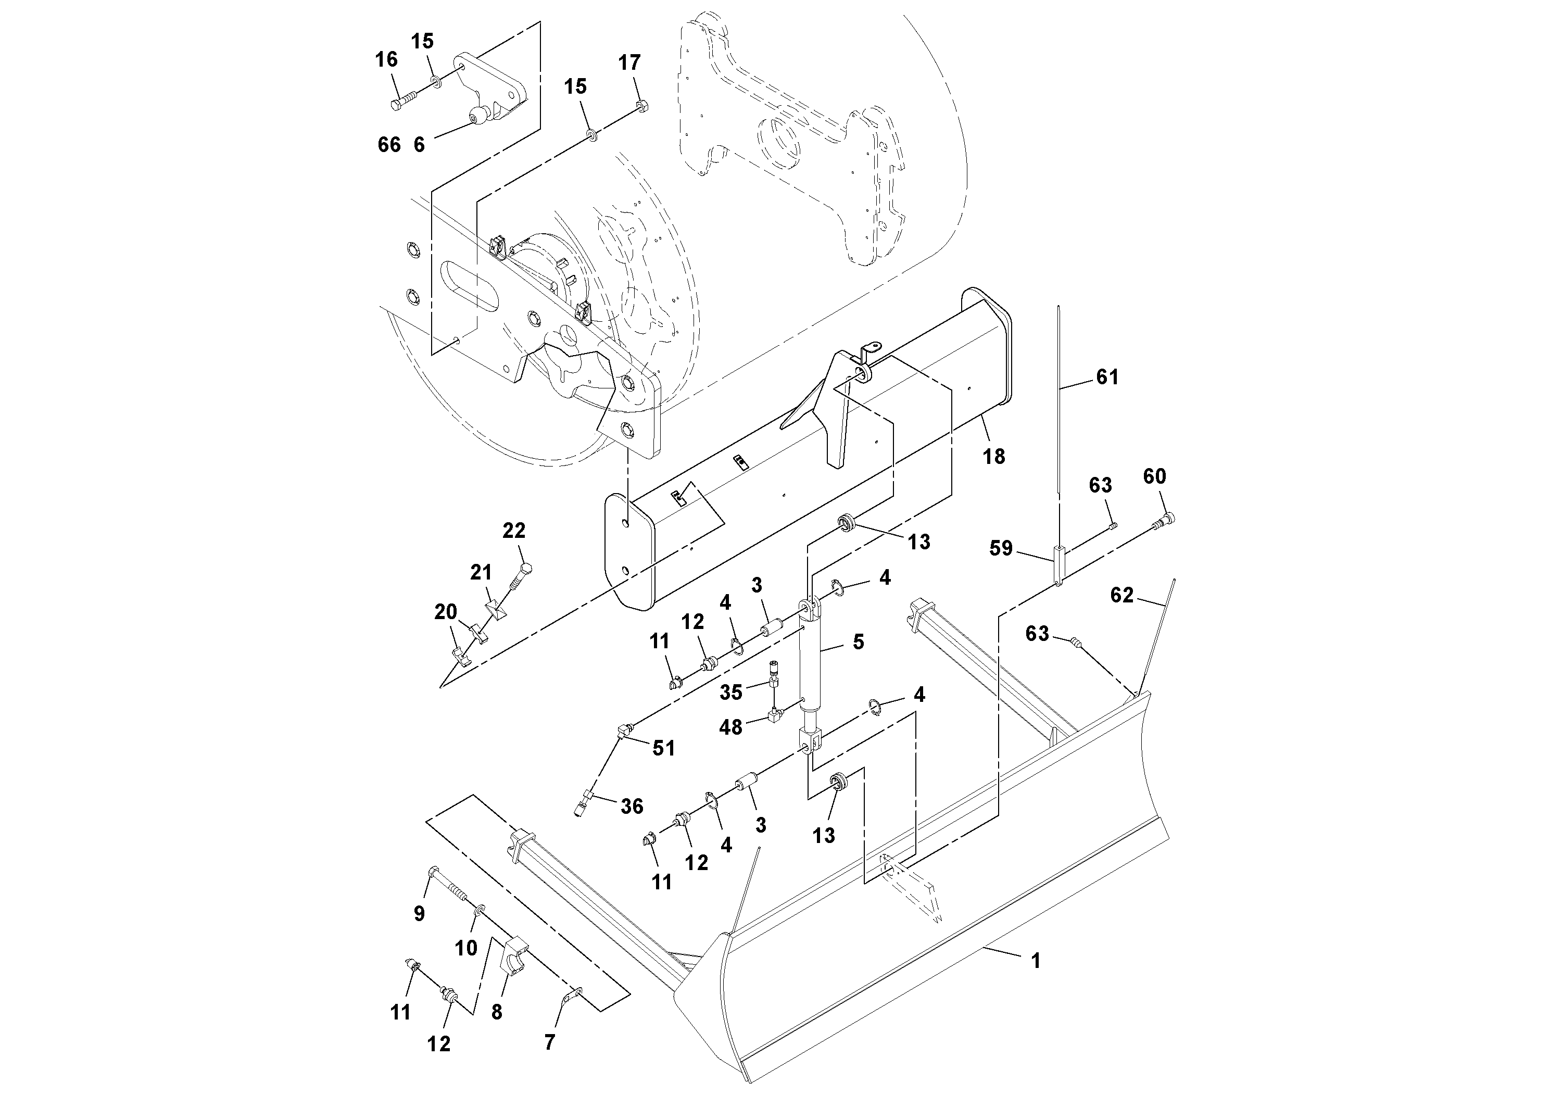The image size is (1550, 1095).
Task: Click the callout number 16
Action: pyautogui.click(x=387, y=60)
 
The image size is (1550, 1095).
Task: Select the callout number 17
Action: pyautogui.click(x=629, y=63)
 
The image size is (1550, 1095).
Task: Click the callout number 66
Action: pyautogui.click(x=389, y=144)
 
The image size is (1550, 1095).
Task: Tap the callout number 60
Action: pyautogui.click(x=1154, y=476)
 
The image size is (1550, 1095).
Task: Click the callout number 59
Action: pyautogui.click(x=1001, y=548)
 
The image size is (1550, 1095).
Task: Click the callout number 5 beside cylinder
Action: pyautogui.click(x=858, y=642)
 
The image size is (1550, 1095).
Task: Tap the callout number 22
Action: pyautogui.click(x=514, y=531)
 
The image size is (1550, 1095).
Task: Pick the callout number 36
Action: pyautogui.click(x=632, y=806)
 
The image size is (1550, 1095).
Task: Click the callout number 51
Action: pyautogui.click(x=664, y=748)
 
